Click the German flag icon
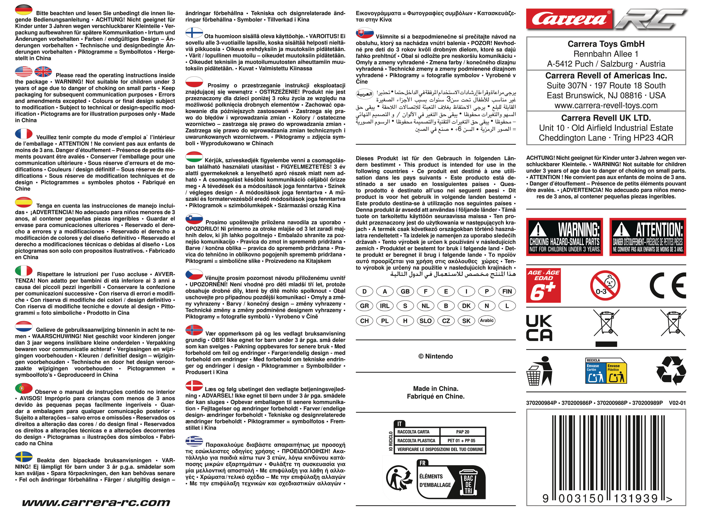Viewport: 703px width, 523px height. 24,10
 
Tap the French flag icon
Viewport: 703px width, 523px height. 24,134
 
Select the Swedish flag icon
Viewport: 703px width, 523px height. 24,457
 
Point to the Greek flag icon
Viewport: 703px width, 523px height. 194,441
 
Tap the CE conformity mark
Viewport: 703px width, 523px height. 667,286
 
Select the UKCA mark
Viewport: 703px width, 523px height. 539,327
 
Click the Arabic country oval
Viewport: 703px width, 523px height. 487,320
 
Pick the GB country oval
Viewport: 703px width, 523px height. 405,291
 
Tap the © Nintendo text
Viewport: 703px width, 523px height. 435,357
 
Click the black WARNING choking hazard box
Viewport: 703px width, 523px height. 565,237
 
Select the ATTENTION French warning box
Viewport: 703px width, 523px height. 648,237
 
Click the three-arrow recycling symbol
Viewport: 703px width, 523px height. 671,370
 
